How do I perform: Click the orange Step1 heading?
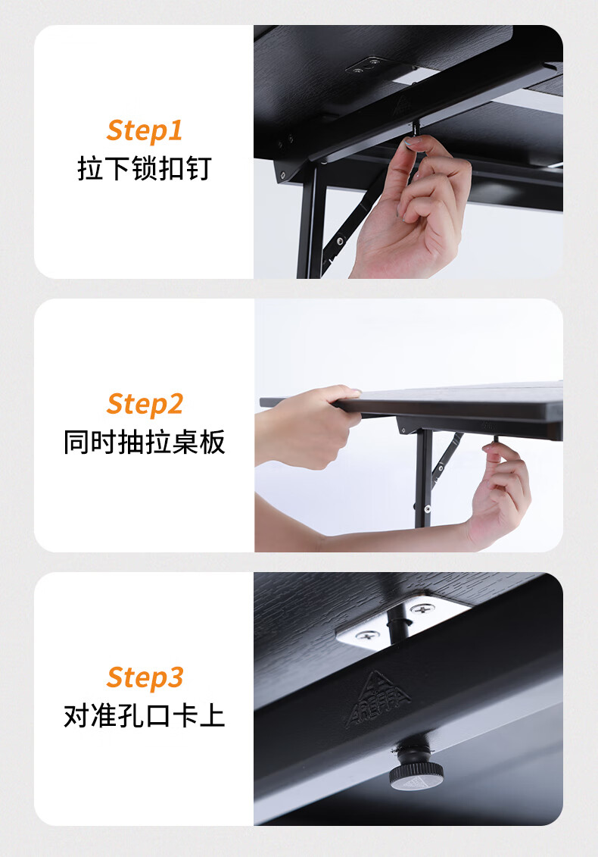(x=145, y=131)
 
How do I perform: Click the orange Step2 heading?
(x=145, y=405)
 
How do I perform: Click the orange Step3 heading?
(x=145, y=677)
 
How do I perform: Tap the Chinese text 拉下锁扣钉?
(x=144, y=168)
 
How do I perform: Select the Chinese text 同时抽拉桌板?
(x=144, y=442)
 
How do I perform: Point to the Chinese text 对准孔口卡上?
(x=144, y=715)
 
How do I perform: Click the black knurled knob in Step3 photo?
(x=416, y=768)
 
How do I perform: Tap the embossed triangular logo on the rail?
(x=378, y=698)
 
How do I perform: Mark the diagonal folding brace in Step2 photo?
(x=447, y=455)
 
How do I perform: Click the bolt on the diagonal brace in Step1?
(x=340, y=240)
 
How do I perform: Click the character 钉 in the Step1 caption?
(x=199, y=168)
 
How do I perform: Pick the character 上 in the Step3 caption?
(x=212, y=715)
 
